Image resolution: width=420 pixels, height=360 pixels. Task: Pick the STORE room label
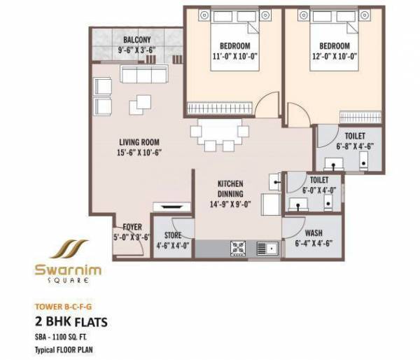(x=174, y=235)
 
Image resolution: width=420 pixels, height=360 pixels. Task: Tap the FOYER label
(x=132, y=227)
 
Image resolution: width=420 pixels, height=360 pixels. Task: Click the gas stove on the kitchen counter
(x=236, y=247)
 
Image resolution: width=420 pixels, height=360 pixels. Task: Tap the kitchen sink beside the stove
(x=266, y=247)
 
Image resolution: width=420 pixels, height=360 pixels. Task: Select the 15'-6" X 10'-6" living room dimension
(x=139, y=151)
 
